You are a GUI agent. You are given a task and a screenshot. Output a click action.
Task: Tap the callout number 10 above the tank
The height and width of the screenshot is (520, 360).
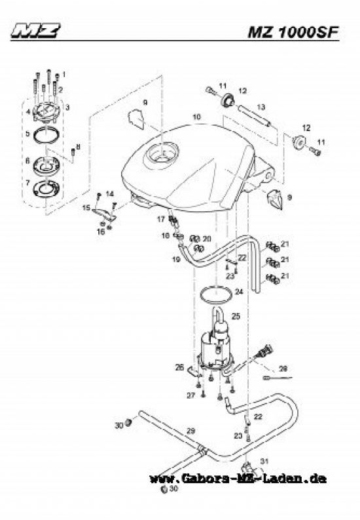pyautogui.click(x=195, y=117)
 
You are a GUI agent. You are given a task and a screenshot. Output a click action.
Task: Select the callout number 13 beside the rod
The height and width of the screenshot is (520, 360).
pyautogui.click(x=260, y=106)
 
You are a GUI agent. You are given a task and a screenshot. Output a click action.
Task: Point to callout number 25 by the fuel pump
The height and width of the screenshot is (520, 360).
pyautogui.click(x=236, y=316)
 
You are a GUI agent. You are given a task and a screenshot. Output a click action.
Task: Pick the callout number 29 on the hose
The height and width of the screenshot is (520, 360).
pyautogui.click(x=190, y=430)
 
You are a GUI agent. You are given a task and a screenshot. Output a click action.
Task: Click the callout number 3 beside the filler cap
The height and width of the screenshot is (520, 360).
pyautogui.click(x=67, y=106)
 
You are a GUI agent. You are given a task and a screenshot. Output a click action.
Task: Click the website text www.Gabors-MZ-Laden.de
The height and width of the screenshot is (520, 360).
pyautogui.click(x=238, y=479)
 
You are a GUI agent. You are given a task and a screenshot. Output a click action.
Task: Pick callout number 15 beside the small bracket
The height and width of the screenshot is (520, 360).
pyautogui.click(x=86, y=208)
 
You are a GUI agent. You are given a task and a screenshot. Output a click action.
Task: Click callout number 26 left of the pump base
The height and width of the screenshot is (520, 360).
pyautogui.click(x=179, y=368)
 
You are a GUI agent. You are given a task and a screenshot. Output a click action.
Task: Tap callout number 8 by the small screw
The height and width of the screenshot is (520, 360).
pyautogui.click(x=79, y=146)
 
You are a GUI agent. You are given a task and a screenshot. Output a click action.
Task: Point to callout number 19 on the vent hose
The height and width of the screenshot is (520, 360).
pyautogui.click(x=176, y=260)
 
